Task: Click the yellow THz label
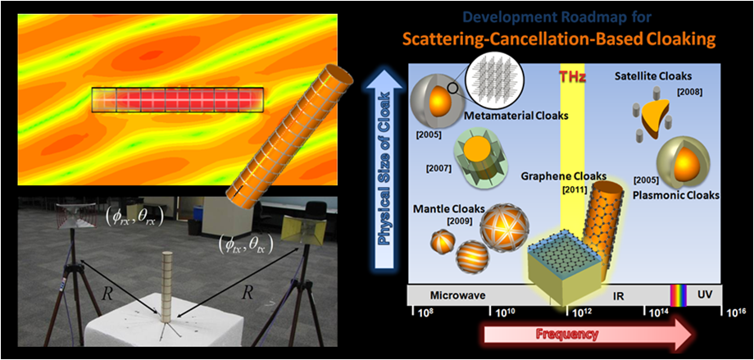[x=572, y=76]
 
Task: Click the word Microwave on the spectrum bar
[x=451, y=294]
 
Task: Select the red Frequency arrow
[x=589, y=334]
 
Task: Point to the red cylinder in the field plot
[x=178, y=99]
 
